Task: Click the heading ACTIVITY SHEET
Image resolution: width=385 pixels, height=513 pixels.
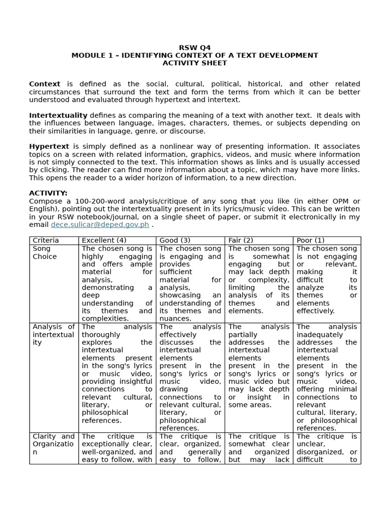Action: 195,63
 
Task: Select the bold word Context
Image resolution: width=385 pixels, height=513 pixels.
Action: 45,84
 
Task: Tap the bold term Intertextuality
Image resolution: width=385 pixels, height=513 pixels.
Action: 58,115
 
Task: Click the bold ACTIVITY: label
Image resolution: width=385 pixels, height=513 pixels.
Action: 48,193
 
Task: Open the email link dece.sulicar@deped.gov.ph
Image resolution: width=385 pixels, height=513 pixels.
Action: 100,224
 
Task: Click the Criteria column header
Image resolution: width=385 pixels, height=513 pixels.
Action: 46,240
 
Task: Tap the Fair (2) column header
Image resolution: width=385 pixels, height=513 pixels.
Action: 241,240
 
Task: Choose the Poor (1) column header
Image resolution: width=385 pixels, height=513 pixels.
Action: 310,240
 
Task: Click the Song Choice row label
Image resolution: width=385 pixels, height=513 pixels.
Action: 45,252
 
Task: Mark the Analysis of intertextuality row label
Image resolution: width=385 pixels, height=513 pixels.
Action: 53,335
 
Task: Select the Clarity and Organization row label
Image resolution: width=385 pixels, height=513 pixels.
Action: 53,444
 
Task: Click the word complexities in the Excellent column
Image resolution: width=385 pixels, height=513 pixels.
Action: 105,319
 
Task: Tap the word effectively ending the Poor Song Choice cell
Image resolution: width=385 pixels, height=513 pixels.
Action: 315,311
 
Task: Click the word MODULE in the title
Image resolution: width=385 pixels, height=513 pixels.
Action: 88,55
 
